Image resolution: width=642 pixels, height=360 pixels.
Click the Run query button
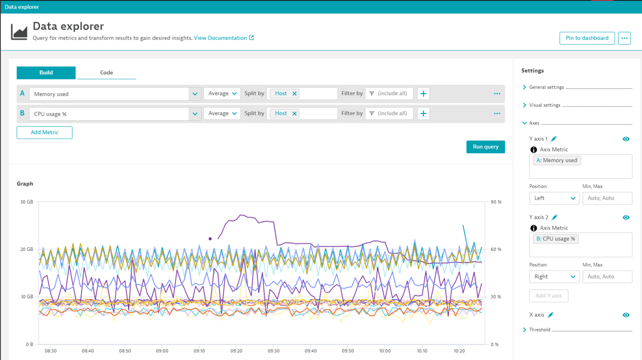click(485, 147)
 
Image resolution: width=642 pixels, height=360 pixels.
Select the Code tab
click(106, 72)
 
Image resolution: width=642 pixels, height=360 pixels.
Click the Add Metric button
click(44, 133)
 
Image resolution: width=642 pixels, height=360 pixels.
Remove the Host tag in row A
click(294, 94)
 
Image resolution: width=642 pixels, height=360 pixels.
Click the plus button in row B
click(423, 113)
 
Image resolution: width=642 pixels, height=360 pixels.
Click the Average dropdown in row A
click(222, 94)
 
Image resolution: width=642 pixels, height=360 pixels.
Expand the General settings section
click(546, 87)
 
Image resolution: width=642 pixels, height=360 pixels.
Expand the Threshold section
click(539, 330)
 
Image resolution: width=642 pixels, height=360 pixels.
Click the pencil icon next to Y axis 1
click(554, 139)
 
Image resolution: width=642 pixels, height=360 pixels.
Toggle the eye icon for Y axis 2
click(626, 217)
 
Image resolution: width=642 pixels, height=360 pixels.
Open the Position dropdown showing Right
click(554, 277)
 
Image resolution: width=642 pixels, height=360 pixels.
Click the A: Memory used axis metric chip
click(557, 161)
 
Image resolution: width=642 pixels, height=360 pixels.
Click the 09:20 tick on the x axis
click(236, 351)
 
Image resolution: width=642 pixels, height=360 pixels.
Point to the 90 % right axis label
click(496, 202)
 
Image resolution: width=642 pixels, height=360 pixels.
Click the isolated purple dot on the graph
click(210, 238)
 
